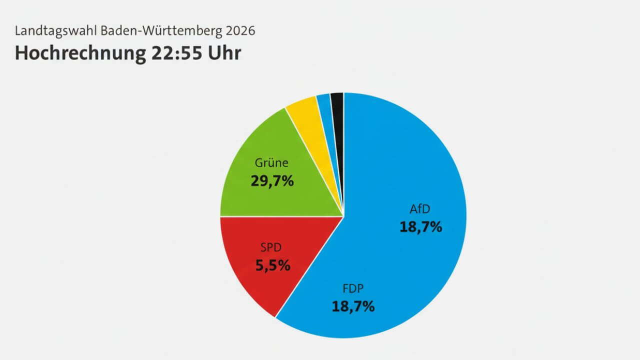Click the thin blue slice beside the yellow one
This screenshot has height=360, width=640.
tap(324, 110)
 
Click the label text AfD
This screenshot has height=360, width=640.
tap(420, 208)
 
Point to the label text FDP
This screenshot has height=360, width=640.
tap(353, 288)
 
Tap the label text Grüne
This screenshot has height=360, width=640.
tap(271, 163)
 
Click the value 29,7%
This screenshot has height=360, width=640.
tap(271, 181)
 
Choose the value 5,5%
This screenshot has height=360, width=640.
tap(272, 265)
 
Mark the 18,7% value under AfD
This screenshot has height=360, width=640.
tap(420, 227)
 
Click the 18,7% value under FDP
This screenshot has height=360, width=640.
tap(353, 306)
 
